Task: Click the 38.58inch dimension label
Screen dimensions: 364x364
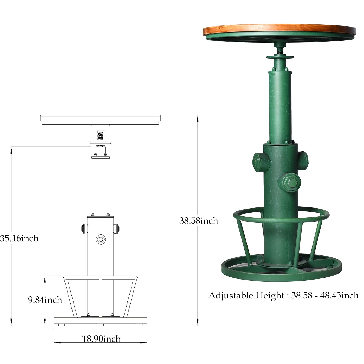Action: pos(199,221)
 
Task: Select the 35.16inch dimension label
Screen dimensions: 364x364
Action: pos(19,238)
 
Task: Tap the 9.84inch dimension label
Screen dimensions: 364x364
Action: pos(45,300)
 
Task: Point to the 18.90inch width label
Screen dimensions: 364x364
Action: pos(101,339)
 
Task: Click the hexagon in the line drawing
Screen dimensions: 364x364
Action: pos(100,239)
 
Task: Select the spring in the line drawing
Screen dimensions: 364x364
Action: pos(100,136)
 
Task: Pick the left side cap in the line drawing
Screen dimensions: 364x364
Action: pos(84,229)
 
